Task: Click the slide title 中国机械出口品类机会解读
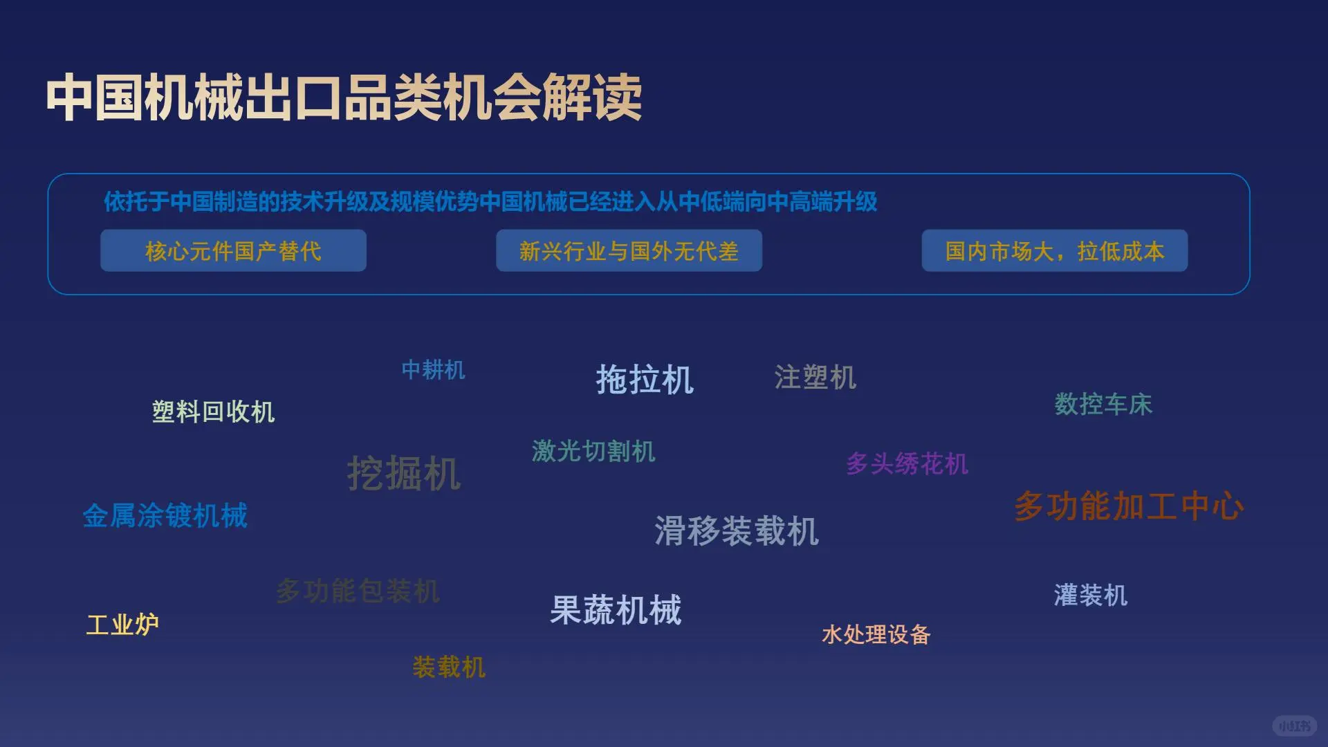pos(344,98)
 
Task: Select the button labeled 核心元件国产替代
pos(233,251)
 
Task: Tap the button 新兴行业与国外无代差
pos(629,251)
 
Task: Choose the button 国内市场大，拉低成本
pos(1054,251)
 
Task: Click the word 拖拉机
pos(645,380)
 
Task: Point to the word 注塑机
pos(815,378)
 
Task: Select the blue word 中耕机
pos(433,370)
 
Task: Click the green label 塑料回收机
pos(213,412)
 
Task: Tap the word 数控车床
pos(1103,405)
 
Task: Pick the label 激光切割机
pos(593,452)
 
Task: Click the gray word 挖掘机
pos(404,474)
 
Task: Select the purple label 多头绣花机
pos(907,464)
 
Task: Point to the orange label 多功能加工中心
pos(1129,506)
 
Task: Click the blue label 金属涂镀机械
pos(165,516)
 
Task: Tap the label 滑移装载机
pos(737,531)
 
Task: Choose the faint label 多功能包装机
pos(358,591)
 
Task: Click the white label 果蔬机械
pos(616,611)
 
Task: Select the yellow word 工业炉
pos(122,625)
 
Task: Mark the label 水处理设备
pos(876,634)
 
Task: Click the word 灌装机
pos(1090,596)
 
